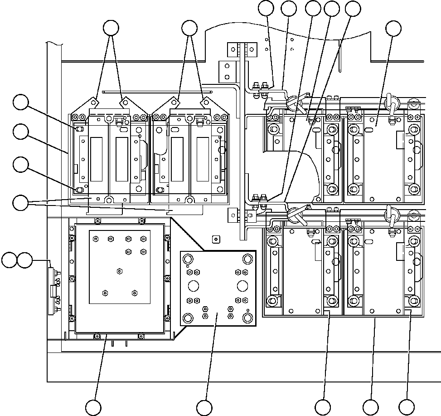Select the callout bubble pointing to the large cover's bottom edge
[x=93, y=407]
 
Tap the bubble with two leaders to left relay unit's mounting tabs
[x=111, y=28]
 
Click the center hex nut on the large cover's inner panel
[x=120, y=271]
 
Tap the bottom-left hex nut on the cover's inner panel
[x=105, y=293]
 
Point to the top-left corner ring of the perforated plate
[x=187, y=259]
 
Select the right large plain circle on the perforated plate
[x=242, y=286]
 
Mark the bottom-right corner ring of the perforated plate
[x=247, y=317]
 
